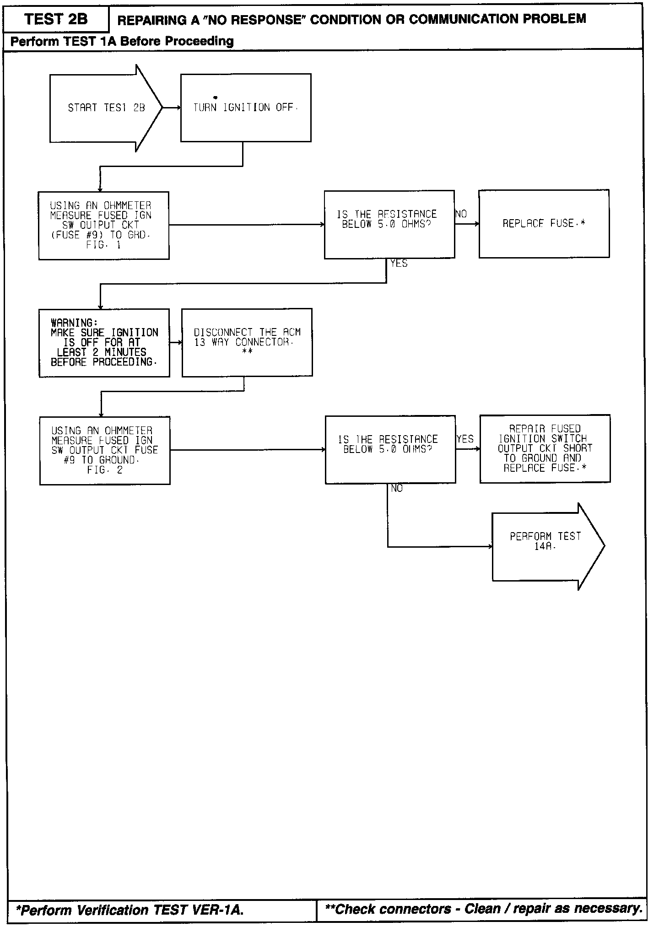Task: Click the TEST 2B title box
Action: [56, 19]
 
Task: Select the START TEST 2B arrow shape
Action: [106, 108]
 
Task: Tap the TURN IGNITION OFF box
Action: [246, 108]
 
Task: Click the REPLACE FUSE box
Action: [544, 224]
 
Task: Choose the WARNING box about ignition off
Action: [104, 343]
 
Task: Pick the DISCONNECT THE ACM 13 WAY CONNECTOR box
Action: [247, 342]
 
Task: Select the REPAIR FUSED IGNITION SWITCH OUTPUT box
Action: [545, 448]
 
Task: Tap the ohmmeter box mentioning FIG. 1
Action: [104, 225]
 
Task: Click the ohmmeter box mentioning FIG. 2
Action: [105, 450]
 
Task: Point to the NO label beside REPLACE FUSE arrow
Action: [461, 214]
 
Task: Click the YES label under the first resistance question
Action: [399, 264]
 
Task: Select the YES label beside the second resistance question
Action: [465, 439]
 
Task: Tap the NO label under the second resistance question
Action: [397, 489]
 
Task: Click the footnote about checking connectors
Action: [483, 908]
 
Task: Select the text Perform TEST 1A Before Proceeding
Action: [122, 41]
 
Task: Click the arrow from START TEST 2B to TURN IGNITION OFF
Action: [172, 108]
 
